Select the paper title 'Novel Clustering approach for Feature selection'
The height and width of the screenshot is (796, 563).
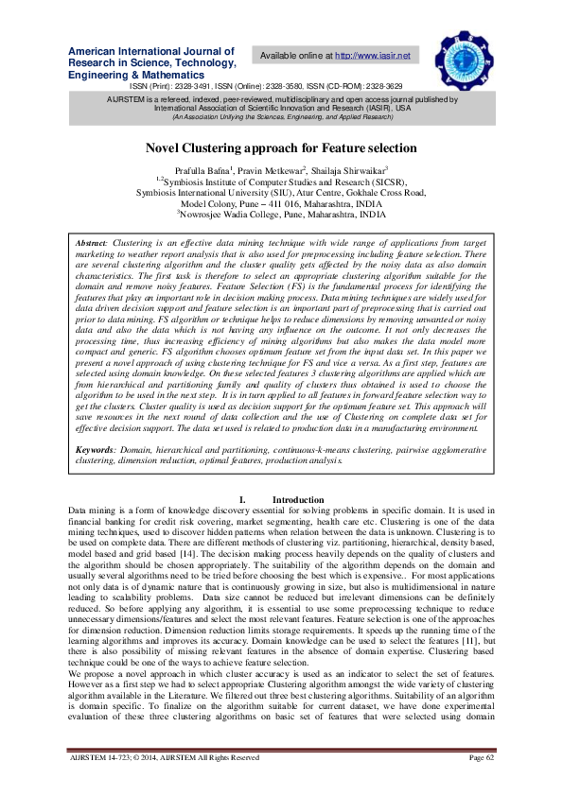click(281, 147)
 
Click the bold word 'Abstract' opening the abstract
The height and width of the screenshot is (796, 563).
click(91, 243)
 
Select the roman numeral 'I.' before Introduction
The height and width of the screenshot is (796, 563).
click(243, 498)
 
